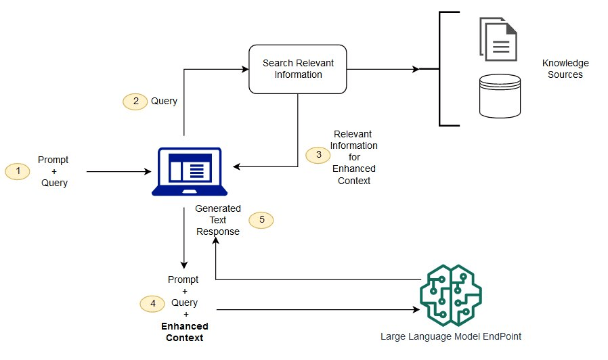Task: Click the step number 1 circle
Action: (x=18, y=172)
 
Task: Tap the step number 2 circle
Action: (x=135, y=101)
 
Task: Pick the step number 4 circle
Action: (x=152, y=303)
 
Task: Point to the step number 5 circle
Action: (x=261, y=220)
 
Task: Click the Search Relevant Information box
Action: (x=298, y=69)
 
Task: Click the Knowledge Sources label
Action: (x=562, y=69)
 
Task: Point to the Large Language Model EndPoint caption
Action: (x=451, y=336)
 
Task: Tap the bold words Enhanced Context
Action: (x=185, y=332)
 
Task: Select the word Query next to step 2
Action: (x=164, y=101)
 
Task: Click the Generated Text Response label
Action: (x=218, y=220)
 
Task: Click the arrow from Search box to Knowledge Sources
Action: (x=383, y=69)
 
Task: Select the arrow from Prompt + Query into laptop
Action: (x=118, y=172)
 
